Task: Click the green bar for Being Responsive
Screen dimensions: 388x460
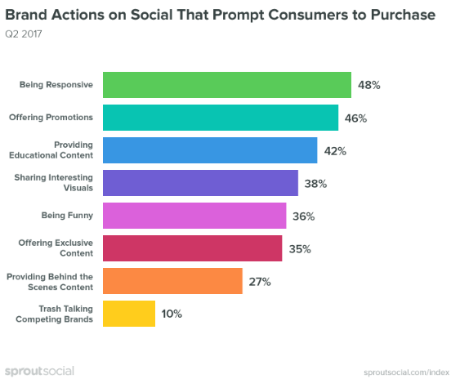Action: point(226,85)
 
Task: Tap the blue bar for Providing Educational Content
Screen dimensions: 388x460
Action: point(208,150)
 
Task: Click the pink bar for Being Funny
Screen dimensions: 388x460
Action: point(193,216)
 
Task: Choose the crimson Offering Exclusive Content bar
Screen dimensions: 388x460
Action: point(191,248)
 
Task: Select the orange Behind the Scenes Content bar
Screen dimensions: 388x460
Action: point(171,281)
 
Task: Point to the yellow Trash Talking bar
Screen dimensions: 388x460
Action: point(127,314)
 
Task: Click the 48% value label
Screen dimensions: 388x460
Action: point(370,85)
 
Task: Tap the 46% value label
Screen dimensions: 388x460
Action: point(355,118)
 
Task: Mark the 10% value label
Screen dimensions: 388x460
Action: point(172,314)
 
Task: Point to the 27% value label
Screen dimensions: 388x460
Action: point(260,282)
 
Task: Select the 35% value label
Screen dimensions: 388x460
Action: point(300,249)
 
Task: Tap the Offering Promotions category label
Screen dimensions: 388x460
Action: point(51,118)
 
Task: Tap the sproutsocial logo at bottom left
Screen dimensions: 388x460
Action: point(38,372)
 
